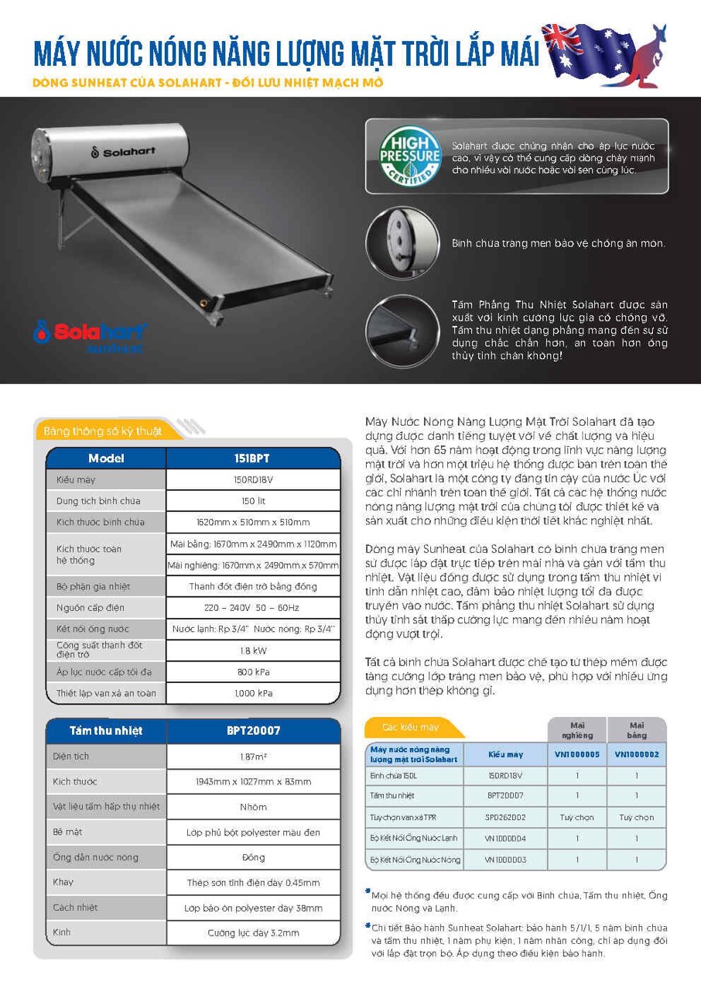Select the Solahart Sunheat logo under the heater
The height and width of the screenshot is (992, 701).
(90, 335)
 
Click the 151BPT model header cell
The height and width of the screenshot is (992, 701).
(253, 458)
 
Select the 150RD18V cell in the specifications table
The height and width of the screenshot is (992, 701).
(253, 480)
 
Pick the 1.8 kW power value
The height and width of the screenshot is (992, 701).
(253, 651)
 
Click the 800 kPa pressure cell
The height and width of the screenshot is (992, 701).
(253, 672)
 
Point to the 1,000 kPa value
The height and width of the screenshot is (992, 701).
(253, 693)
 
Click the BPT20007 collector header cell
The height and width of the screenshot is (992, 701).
(253, 730)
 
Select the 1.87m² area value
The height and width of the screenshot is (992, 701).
(253, 757)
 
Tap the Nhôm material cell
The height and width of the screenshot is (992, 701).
(253, 807)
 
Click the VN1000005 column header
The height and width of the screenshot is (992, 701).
(577, 754)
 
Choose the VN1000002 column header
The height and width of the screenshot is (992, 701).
(637, 754)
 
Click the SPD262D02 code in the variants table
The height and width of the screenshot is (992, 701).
(505, 817)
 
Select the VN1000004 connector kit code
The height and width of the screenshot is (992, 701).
(505, 838)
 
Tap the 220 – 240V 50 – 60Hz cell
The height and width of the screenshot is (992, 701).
(253, 608)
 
